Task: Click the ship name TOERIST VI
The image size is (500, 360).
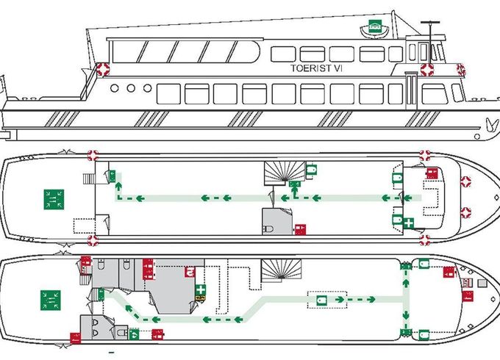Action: pyautogui.click(x=316, y=68)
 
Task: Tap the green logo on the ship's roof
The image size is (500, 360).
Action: pyautogui.click(x=375, y=26)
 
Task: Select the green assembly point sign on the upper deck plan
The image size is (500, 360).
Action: pyautogui.click(x=54, y=199)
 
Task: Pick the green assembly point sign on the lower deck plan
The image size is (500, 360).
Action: pyautogui.click(x=51, y=300)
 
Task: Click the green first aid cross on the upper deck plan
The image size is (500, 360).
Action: pyautogui.click(x=408, y=223)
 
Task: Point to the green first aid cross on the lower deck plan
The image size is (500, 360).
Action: pyautogui.click(x=200, y=290)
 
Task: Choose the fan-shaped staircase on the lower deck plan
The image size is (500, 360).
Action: pyautogui.click(x=281, y=270)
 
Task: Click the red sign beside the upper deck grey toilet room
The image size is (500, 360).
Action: pyautogui.click(x=300, y=230)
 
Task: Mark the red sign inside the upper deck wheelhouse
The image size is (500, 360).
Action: pyautogui.click(x=432, y=173)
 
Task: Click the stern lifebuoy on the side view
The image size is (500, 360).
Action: pyautogui.click(x=103, y=69)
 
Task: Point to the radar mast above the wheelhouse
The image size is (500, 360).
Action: pyautogui.click(x=430, y=41)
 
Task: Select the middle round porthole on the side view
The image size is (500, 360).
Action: pyautogui.click(x=131, y=88)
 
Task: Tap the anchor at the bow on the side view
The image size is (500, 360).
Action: pyautogui.click(x=493, y=125)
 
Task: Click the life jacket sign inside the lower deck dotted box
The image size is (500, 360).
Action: pyautogui.click(x=321, y=300)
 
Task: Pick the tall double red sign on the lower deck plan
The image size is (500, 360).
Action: pyautogui.click(x=148, y=269)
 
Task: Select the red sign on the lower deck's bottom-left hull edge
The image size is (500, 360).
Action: pyautogui.click(x=75, y=338)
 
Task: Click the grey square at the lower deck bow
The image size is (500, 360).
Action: pyautogui.click(x=482, y=283)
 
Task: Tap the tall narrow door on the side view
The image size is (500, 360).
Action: pyautogui.click(x=411, y=90)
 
